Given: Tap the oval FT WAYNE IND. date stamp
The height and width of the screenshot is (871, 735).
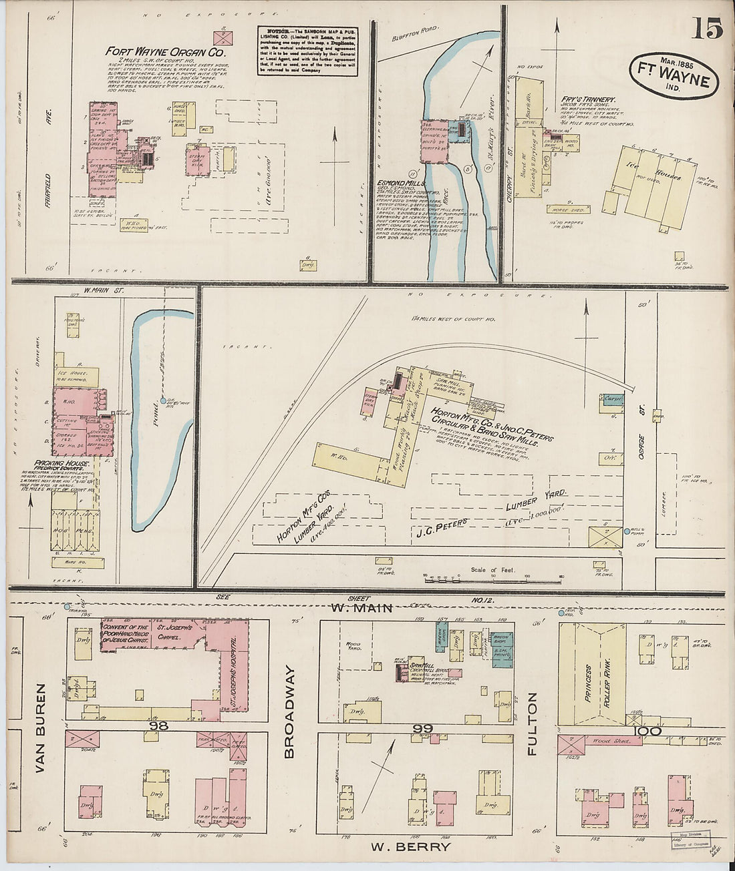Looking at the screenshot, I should pos(674,75).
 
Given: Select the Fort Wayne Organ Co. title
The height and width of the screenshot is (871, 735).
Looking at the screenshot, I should pos(166,51).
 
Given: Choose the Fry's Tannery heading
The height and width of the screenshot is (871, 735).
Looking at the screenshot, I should pos(588,99).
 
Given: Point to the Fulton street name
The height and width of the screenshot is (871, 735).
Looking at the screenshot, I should pos(533,723).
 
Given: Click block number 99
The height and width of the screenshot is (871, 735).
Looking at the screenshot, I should pos(423,728).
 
